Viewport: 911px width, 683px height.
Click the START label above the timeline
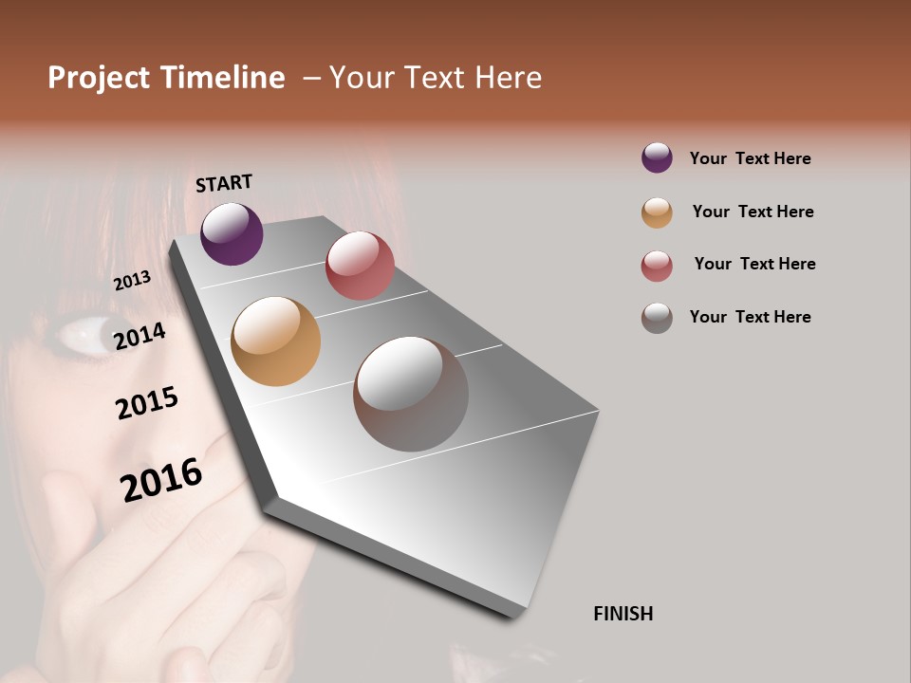click(224, 183)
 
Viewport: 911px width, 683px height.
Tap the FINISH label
click(623, 614)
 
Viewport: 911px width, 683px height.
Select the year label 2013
click(132, 281)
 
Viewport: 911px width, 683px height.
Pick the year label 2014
click(139, 336)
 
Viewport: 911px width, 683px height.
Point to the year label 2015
click(147, 403)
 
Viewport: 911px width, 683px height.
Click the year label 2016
click(161, 479)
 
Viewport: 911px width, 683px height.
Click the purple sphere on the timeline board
click(232, 233)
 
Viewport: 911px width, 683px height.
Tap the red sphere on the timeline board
click(360, 266)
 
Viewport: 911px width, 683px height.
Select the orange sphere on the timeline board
click(276, 341)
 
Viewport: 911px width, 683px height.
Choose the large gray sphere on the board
click(411, 394)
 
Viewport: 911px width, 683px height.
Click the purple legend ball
click(657, 157)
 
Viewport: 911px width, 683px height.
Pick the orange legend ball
click(657, 212)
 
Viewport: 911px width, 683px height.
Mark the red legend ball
click(657, 266)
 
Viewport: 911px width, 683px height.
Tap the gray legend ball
click(657, 318)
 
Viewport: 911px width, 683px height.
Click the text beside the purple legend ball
click(750, 158)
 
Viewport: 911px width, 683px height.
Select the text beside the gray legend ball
click(750, 317)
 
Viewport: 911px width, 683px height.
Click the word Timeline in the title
click(222, 78)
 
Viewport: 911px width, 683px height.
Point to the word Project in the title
click(100, 78)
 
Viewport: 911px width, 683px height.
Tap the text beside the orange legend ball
click(753, 212)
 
